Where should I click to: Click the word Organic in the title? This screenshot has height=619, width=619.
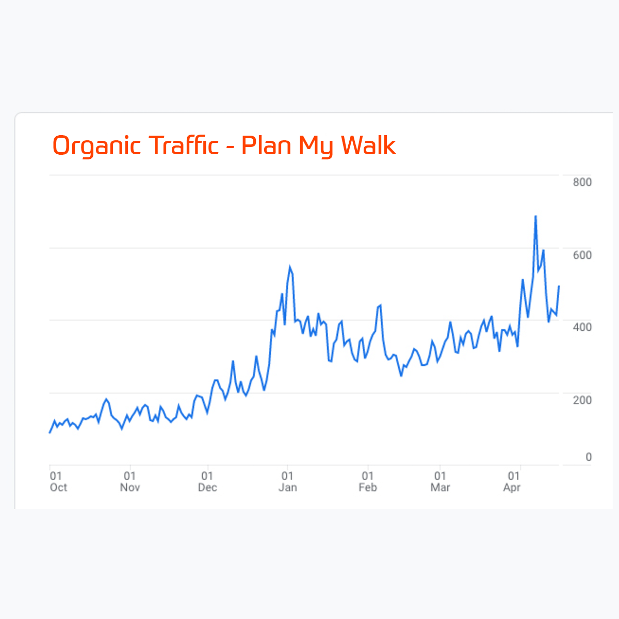(x=96, y=146)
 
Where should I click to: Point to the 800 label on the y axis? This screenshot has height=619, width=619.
(x=582, y=182)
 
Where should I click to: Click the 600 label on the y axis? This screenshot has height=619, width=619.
(x=582, y=255)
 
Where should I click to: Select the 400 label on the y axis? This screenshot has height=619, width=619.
(x=582, y=327)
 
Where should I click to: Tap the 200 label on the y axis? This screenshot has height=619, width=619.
(x=582, y=400)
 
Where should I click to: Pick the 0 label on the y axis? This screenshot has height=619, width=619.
(x=588, y=457)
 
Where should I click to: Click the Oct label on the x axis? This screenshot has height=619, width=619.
(x=58, y=487)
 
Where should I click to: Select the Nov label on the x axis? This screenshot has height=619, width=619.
(x=130, y=487)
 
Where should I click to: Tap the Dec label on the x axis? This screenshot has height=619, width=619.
(x=207, y=487)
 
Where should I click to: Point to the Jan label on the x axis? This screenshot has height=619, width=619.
(x=287, y=487)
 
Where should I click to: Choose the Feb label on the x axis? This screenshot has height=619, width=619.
(x=368, y=487)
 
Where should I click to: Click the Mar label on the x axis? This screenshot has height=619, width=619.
(x=440, y=487)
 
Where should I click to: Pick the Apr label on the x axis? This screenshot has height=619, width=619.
(x=512, y=487)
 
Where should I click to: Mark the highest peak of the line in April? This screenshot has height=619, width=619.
(x=535, y=216)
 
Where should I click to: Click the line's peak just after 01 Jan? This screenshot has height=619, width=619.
(x=290, y=267)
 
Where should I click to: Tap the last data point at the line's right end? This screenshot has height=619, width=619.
(x=559, y=286)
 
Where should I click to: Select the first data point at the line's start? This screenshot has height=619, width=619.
(x=50, y=433)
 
